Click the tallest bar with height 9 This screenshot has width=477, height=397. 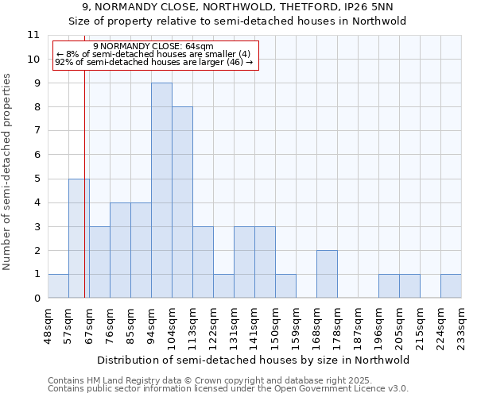[161, 191]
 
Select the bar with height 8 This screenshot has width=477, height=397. [182, 202]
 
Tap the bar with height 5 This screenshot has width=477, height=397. [79, 238]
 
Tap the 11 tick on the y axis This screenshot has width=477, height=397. [33, 35]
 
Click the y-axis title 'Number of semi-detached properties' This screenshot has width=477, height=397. [8, 172]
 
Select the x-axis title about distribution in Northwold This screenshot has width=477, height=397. [254, 360]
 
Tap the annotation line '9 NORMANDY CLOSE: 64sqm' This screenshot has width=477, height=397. [153, 47]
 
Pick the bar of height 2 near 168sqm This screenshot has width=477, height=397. [327, 274]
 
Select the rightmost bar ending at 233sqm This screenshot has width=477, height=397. [451, 286]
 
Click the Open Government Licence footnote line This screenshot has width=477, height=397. [228, 389]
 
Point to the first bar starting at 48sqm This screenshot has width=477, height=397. [58, 286]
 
